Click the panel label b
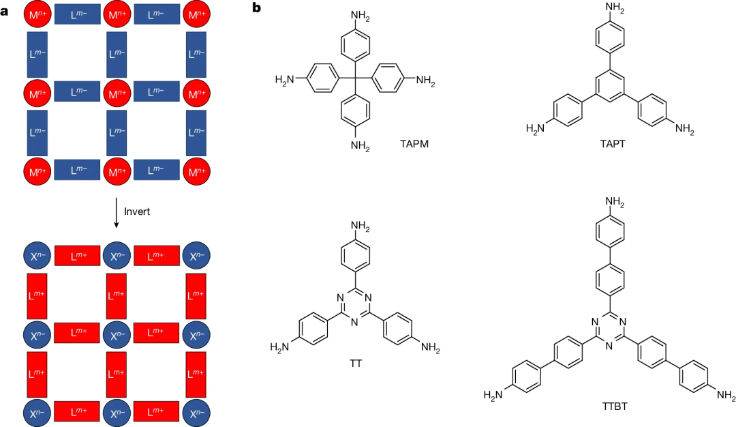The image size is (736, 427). tap(257, 8)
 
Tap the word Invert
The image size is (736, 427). tap(136, 211)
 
